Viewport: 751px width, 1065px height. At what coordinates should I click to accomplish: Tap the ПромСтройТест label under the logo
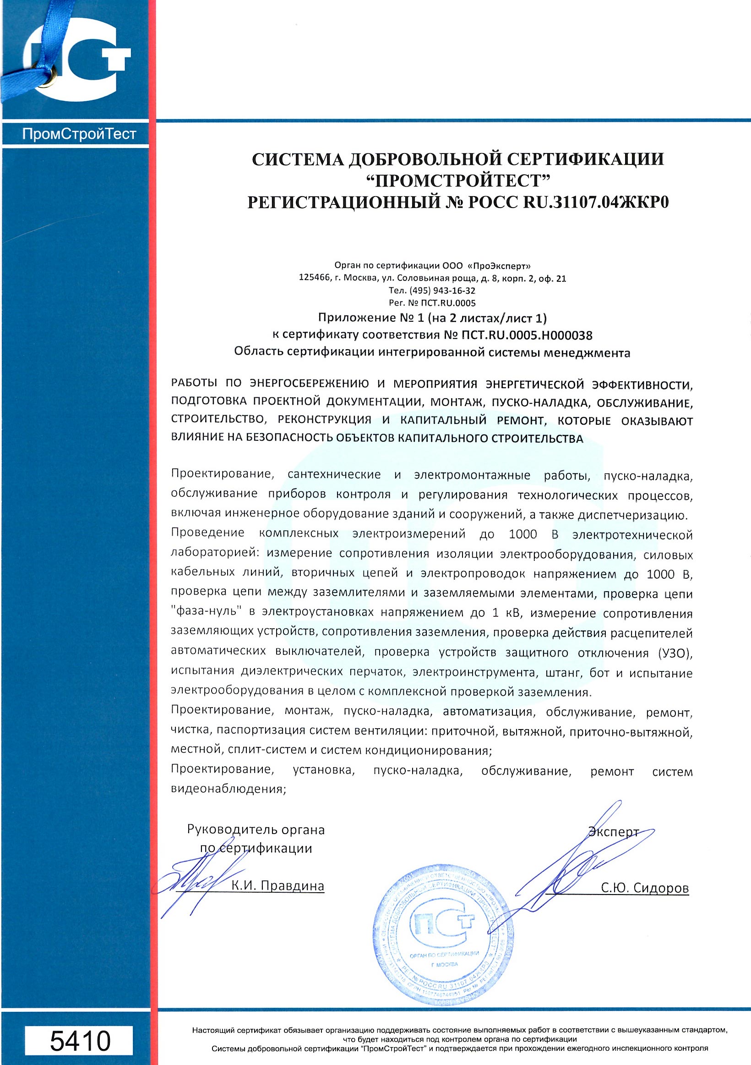click(x=79, y=135)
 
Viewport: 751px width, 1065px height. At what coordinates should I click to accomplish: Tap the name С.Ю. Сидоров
click(x=645, y=888)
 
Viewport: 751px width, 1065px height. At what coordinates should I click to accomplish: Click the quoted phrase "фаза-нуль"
click(x=208, y=613)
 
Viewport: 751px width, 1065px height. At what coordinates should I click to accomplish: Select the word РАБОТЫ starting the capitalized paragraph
click(x=194, y=384)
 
